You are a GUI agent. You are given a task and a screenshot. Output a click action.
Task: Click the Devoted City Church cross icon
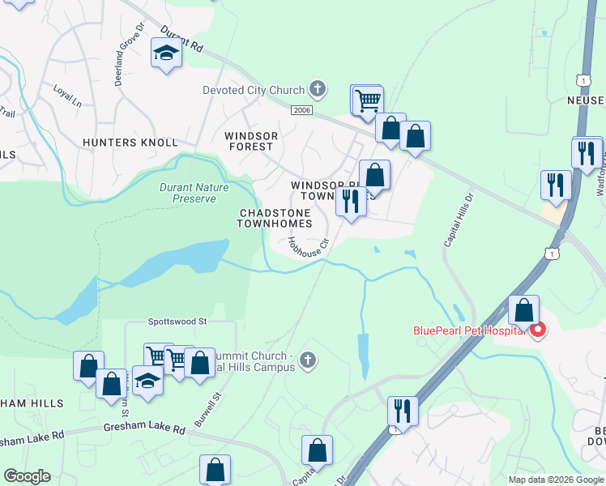[x=318, y=90]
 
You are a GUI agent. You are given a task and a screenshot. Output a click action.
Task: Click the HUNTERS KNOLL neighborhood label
[x=130, y=143]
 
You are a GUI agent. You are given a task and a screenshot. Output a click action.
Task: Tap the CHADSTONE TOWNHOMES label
[x=275, y=218]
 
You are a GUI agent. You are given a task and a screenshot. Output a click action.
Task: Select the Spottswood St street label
[x=178, y=322]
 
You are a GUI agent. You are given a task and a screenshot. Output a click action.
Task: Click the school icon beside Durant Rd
[x=166, y=53]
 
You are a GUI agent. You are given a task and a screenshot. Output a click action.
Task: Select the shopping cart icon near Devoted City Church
[x=368, y=100]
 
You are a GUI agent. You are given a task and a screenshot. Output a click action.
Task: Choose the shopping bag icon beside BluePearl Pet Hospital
[x=524, y=309]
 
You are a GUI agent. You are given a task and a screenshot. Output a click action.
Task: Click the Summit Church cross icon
[x=306, y=359]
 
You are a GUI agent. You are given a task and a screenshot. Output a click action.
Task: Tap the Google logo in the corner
[x=26, y=476]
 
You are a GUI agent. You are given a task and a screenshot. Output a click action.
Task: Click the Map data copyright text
[x=556, y=480]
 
